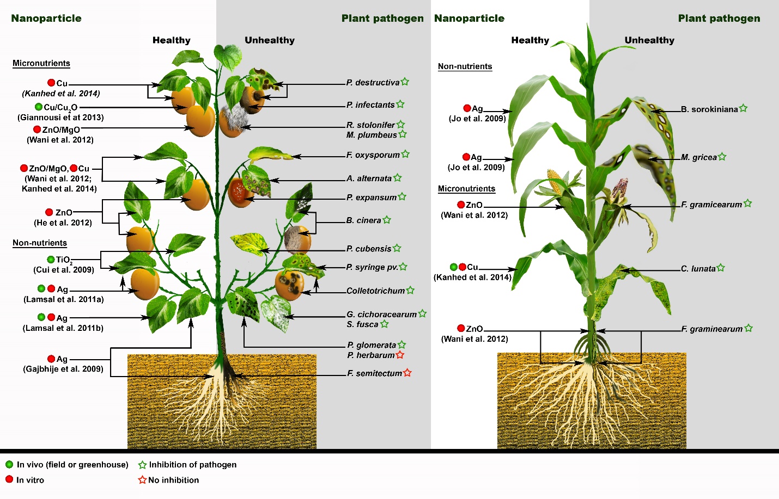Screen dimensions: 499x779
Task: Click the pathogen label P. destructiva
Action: click(373, 83)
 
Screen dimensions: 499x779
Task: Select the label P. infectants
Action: click(370, 105)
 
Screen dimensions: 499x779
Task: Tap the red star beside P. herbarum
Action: click(400, 355)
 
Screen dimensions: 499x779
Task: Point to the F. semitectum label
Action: click(374, 373)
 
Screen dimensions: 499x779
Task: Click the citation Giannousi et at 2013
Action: click(60, 118)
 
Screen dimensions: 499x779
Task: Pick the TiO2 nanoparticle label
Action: click(64, 260)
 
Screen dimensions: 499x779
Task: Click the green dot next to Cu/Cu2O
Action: click(39, 107)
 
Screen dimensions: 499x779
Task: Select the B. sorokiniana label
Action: click(709, 109)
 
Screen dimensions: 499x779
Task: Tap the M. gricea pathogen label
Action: click(699, 157)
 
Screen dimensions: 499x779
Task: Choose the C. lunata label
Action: click(698, 269)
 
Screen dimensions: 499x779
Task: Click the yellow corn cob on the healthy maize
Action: click(555, 182)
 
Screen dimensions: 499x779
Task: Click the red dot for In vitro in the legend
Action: click(9, 479)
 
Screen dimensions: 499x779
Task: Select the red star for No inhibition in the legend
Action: click(142, 480)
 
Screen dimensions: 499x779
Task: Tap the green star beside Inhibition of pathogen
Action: click(142, 465)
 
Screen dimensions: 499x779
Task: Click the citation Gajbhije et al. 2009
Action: click(63, 369)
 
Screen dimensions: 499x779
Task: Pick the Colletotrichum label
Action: click(375, 291)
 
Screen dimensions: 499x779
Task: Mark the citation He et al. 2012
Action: click(63, 223)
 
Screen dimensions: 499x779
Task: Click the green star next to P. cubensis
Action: click(397, 248)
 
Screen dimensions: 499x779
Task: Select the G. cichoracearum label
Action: click(382, 315)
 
